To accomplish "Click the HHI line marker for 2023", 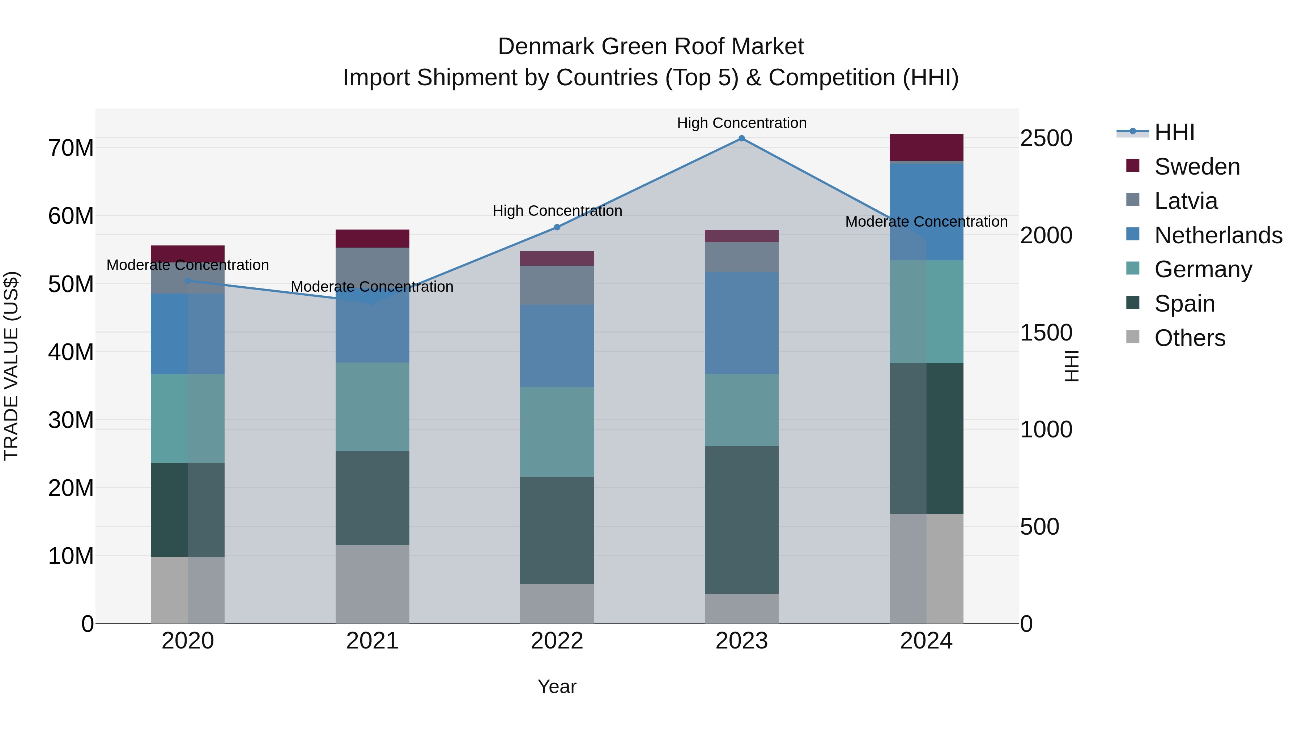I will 741,138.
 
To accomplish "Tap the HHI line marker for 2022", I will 557,227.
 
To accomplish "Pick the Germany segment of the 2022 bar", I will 557,432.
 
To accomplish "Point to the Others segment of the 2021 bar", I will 373,584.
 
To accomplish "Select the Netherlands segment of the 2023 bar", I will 741,323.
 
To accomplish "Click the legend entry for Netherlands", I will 1218,235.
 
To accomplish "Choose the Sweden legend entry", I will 1197,167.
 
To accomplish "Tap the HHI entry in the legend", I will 1174,132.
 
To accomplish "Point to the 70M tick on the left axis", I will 71,148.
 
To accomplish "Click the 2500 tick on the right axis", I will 1046,138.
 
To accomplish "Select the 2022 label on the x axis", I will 557,641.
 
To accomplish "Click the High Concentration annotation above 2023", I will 741,123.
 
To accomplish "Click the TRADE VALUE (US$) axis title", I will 11,366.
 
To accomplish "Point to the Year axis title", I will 557,686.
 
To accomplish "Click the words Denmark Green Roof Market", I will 651,47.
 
